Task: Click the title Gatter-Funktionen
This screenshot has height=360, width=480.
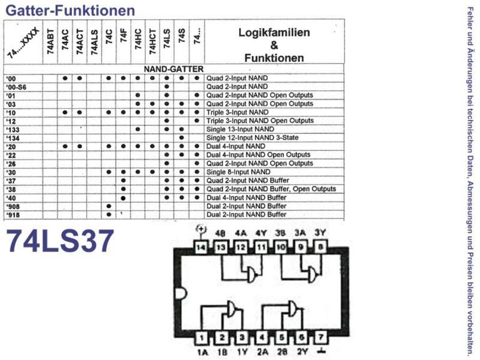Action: [70, 10]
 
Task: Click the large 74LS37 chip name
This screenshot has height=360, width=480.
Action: [60, 241]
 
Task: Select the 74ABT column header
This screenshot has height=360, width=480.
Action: [50, 42]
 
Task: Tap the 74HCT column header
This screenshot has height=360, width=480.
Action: [152, 42]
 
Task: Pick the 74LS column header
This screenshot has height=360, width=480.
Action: [167, 39]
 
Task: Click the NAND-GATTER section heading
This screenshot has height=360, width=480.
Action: [173, 69]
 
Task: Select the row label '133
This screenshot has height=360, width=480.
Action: [13, 130]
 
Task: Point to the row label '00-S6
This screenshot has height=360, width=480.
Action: [16, 87]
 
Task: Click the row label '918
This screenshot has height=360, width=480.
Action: [13, 215]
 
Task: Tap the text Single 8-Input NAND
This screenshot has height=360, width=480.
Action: [238, 172]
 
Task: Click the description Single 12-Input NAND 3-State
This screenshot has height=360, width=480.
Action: [253, 138]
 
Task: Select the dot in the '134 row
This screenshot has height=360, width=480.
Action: [182, 138]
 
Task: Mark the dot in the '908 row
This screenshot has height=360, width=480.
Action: [109, 206]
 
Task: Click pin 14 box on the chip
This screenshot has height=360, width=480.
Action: [201, 247]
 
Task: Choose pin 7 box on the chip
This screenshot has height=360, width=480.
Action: [320, 337]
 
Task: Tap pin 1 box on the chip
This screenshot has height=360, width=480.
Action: [202, 338]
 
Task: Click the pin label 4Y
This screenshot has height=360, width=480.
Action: [261, 233]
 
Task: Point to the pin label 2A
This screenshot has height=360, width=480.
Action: [262, 352]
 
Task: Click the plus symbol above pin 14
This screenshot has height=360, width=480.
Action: [201, 229]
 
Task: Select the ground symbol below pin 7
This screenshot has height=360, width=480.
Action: [320, 351]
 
